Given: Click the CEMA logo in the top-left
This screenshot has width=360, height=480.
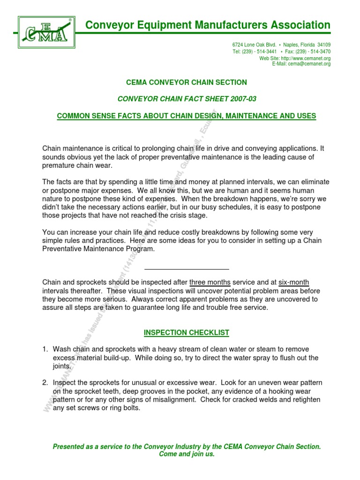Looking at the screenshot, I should (46, 32).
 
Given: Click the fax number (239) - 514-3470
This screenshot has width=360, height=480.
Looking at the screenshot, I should (314, 52).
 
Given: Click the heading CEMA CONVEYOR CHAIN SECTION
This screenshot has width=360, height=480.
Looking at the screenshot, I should (187, 82).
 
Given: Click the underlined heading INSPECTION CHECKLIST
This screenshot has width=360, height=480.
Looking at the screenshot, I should (187, 333).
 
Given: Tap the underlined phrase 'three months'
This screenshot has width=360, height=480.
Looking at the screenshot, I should (210, 282).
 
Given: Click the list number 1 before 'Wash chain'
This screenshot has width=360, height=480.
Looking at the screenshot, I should (45, 350).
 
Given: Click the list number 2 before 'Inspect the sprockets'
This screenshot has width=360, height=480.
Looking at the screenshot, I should (45, 383).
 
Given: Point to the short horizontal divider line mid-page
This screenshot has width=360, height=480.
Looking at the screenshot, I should (187, 269).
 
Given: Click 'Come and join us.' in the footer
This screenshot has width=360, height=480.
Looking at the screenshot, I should (187, 454).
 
